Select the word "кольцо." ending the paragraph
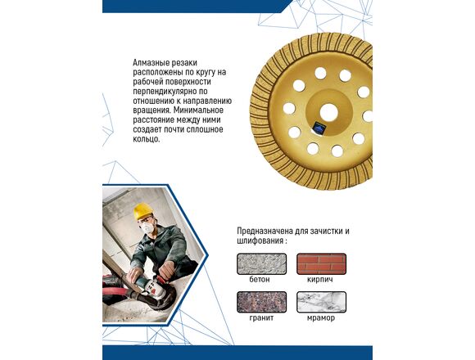click(146, 139)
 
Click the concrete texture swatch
click(261, 263)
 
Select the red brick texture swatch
click(321, 263)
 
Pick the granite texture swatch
click(261, 302)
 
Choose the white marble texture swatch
click(321, 302)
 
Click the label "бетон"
click(260, 279)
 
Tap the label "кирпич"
click(320, 280)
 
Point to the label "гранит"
click(261, 318)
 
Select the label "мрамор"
click(321, 318)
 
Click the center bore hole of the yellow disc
click(328, 113)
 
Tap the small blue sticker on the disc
click(319, 128)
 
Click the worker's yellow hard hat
click(142, 211)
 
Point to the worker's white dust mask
click(147, 227)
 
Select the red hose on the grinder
click(121, 292)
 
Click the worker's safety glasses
click(146, 219)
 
